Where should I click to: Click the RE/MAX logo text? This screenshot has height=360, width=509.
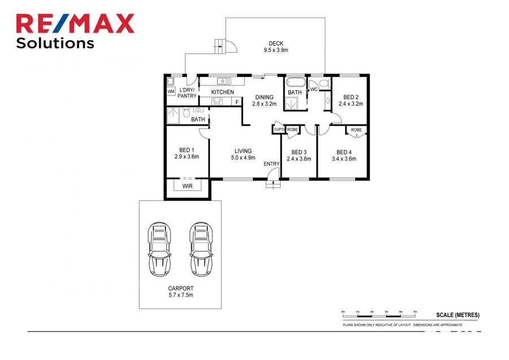coord(75,23)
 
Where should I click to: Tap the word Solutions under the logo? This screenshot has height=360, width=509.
coord(55,43)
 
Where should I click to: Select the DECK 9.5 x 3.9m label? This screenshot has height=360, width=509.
coord(276,46)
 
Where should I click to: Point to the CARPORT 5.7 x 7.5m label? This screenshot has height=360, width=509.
coord(179,292)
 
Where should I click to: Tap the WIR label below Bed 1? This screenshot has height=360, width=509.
coord(187,186)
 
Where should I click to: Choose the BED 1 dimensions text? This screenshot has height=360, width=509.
coord(186,157)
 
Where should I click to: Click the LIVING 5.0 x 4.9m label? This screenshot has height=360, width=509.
coord(243,154)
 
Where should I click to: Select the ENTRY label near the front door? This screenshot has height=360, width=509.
coord(271,164)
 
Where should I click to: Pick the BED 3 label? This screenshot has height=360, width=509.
coord(299,155)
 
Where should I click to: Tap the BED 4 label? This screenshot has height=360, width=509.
coord(344,155)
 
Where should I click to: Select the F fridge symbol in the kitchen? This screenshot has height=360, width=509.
coord(236,102)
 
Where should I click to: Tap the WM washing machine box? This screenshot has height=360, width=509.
coord(171,92)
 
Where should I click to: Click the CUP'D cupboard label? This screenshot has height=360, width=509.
coord(278,130)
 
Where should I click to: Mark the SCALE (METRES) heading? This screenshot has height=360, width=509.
coord(458,315)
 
